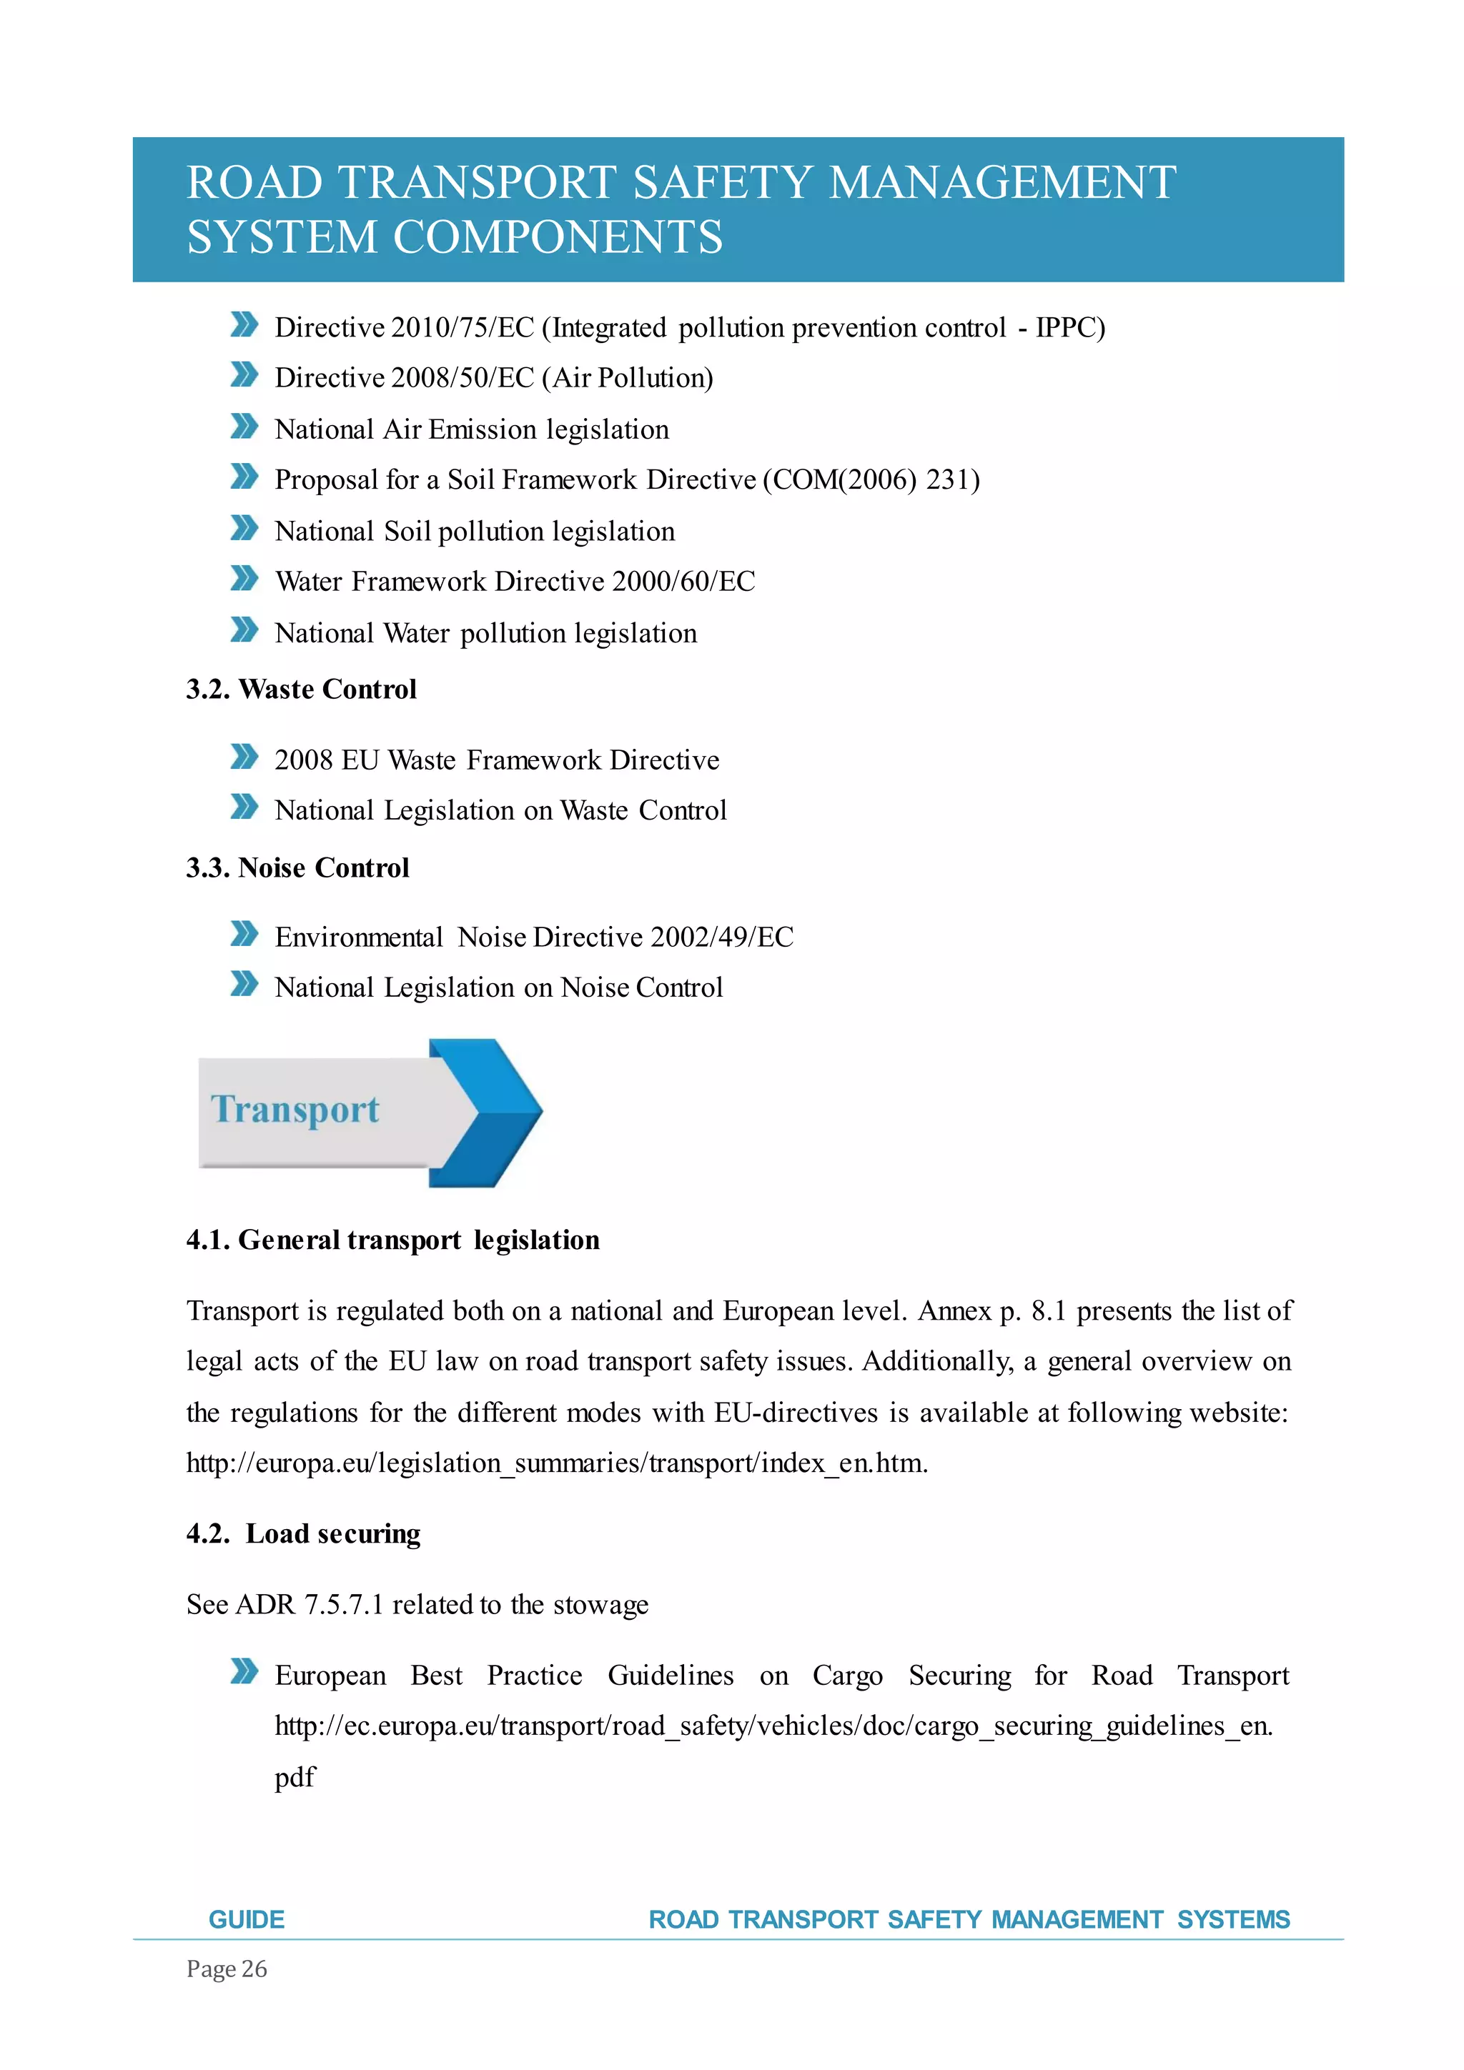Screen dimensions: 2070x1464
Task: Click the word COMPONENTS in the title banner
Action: point(558,238)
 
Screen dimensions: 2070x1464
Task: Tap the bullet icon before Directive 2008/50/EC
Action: point(244,375)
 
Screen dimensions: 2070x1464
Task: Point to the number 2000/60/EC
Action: point(683,582)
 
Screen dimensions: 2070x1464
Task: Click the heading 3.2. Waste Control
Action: point(301,690)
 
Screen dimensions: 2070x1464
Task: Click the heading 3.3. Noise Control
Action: point(297,867)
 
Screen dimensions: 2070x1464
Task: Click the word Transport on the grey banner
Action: point(295,1109)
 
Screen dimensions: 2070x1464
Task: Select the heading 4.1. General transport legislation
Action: point(392,1240)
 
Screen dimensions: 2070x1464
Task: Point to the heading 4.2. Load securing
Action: point(303,1533)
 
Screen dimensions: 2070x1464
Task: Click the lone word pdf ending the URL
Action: point(295,1777)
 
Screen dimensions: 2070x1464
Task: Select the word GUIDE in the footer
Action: point(246,1919)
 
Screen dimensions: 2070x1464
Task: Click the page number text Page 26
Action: point(227,1969)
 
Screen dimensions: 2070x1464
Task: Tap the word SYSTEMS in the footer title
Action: point(1233,1919)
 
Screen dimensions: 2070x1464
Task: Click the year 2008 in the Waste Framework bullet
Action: point(304,760)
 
